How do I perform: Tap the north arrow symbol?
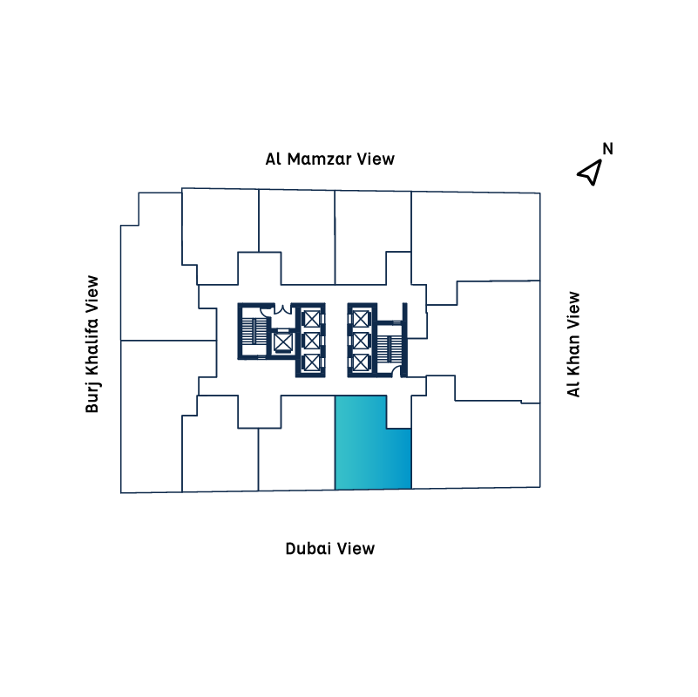click(591, 172)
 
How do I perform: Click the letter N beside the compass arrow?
click(608, 148)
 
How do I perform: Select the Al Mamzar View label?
click(329, 159)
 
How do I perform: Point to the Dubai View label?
click(329, 548)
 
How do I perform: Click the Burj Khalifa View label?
click(92, 343)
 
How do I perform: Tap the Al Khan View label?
click(573, 343)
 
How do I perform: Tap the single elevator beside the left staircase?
click(282, 342)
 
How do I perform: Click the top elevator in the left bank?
click(311, 317)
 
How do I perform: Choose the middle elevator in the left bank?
click(311, 340)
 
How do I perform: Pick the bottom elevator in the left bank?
click(311, 362)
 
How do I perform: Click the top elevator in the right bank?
click(360, 317)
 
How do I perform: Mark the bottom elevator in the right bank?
click(360, 362)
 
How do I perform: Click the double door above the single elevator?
click(282, 309)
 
